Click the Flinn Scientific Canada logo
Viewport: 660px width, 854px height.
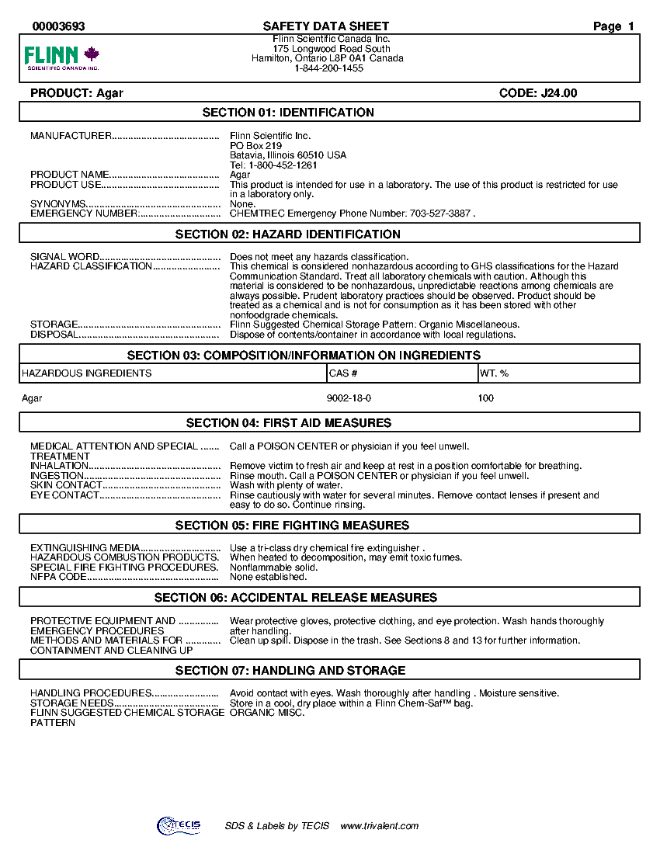[62, 57]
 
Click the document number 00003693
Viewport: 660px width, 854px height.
[58, 26]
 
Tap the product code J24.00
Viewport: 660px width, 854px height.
[558, 93]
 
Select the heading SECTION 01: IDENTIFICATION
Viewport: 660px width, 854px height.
[288, 113]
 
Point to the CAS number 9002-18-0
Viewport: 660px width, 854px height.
[349, 398]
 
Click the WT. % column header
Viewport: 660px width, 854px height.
[495, 373]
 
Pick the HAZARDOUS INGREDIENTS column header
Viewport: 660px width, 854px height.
[87, 373]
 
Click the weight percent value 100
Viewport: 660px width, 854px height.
[486, 398]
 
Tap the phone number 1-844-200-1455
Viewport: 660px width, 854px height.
[328, 68]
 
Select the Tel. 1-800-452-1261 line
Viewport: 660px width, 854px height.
[273, 165]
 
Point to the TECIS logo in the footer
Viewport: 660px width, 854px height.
[179, 826]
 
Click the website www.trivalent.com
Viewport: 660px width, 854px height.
[380, 826]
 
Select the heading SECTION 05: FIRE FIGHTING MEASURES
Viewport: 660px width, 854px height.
[292, 526]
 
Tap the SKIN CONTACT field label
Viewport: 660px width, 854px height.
[66, 485]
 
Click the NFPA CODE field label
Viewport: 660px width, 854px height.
[58, 577]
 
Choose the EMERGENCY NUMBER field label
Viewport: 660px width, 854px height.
[84, 213]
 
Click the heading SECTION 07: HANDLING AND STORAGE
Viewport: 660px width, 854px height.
[290, 671]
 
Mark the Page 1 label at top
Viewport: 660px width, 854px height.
[613, 26]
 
